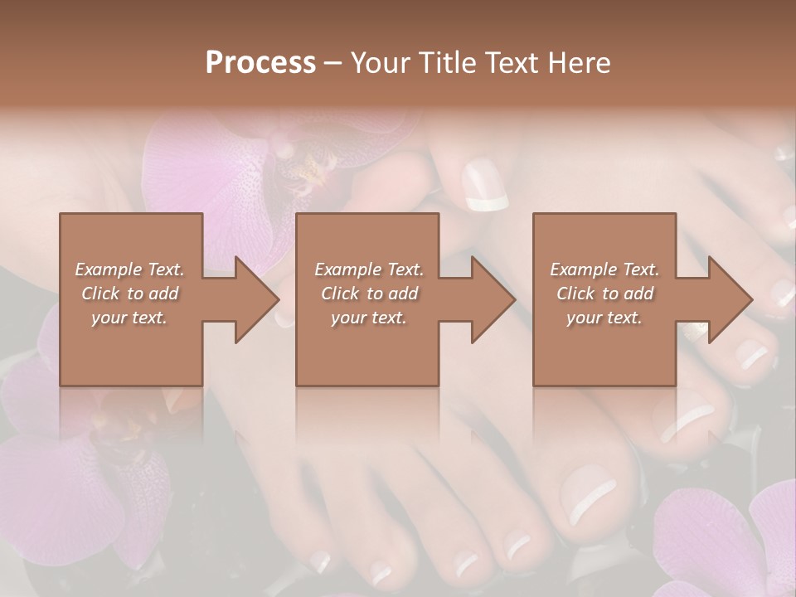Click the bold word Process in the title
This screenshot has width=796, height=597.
click(x=260, y=63)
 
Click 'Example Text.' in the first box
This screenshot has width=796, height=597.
click(x=130, y=269)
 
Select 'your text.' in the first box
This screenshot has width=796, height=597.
click(x=130, y=318)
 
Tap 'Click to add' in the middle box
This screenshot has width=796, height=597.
click(x=369, y=294)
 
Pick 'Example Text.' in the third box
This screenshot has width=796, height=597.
click(x=604, y=269)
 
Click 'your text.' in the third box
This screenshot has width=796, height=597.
click(x=604, y=318)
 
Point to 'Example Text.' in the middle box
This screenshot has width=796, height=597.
click(x=369, y=269)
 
